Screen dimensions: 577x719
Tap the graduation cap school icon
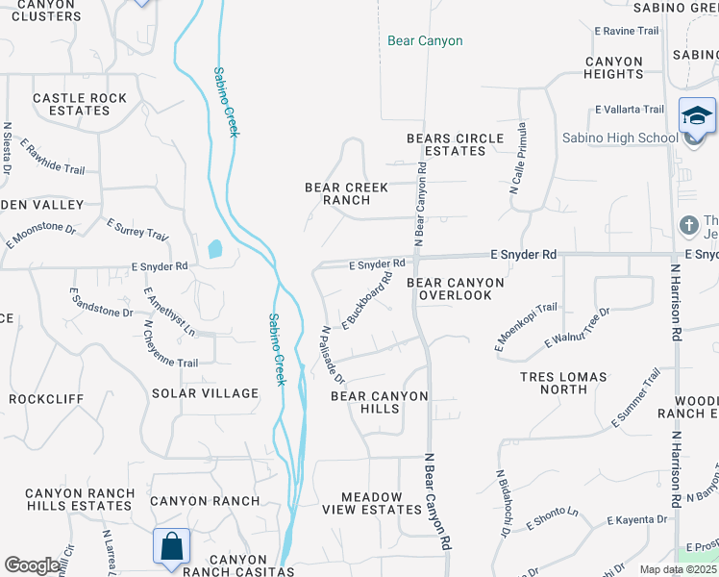(696, 118)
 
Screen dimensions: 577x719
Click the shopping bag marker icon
(171, 547)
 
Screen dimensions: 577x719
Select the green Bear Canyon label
(425, 41)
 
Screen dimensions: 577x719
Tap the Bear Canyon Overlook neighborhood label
(456, 288)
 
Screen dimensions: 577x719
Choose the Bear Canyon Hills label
(380, 402)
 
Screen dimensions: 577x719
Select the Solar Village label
(205, 393)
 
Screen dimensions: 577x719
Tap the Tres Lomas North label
(563, 383)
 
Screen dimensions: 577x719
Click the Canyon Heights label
(614, 67)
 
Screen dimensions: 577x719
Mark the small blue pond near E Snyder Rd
(214, 250)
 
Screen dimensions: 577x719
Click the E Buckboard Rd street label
(366, 300)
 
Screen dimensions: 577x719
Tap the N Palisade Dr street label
(332, 354)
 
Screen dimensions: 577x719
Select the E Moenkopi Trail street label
(526, 327)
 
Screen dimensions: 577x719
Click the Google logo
(32, 565)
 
